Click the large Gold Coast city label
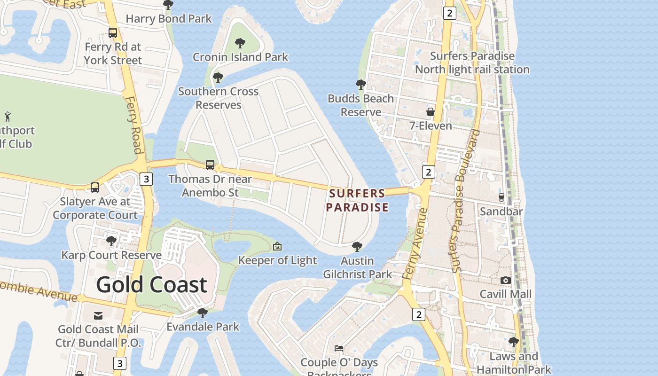[151, 285]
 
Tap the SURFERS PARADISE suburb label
[358, 200]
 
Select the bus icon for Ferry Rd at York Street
[113, 33]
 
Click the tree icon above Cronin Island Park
[240, 43]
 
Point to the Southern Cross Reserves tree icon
[218, 78]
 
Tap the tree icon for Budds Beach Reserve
[361, 85]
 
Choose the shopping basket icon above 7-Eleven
[430, 112]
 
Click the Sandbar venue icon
[501, 197]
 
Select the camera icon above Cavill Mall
[506, 280]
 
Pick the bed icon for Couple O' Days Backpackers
[339, 348]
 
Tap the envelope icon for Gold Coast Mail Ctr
[98, 315]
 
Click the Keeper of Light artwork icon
[277, 246]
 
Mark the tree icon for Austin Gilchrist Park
[357, 247]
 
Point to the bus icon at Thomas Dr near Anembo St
[210, 165]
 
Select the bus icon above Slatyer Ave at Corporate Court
[95, 188]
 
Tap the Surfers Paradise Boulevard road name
[465, 201]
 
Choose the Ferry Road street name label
[134, 125]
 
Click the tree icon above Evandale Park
[203, 313]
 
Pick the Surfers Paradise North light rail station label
[472, 63]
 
